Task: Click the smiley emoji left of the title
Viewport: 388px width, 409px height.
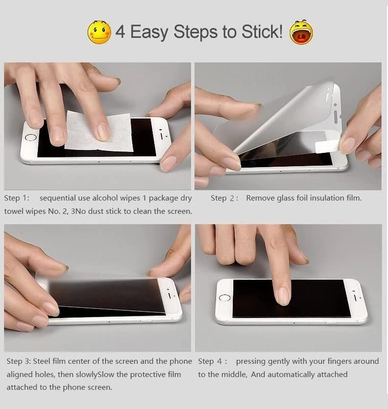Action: click(100, 32)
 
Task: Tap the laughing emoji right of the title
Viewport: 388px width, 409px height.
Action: click(301, 32)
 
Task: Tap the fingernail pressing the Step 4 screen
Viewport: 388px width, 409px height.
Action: click(282, 296)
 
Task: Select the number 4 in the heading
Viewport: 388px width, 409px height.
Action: click(120, 32)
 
